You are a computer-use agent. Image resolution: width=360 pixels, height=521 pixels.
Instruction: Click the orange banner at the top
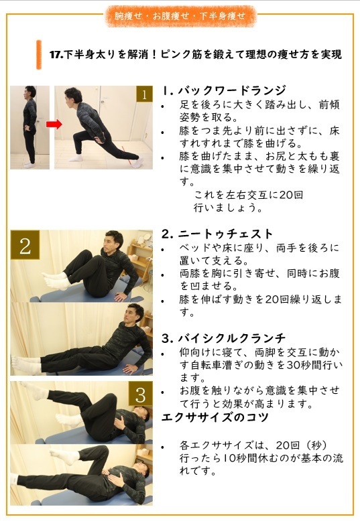(x=180, y=16)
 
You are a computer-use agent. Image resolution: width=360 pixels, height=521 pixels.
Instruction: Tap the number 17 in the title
(x=55, y=54)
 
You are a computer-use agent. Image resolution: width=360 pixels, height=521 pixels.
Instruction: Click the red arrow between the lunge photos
(x=54, y=124)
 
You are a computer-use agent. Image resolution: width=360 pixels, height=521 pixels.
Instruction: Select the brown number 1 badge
(x=144, y=94)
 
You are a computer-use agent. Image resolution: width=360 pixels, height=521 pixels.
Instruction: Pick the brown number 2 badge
(x=25, y=245)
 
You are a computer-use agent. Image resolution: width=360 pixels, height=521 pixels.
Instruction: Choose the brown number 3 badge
(x=140, y=394)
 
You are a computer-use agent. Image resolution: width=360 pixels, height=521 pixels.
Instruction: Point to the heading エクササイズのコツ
(x=215, y=417)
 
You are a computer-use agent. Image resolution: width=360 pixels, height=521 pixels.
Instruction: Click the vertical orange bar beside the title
(x=39, y=55)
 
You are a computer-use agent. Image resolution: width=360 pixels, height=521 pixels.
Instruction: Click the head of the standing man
(x=30, y=92)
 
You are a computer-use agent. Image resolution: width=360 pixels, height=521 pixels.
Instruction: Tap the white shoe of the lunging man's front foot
(x=76, y=157)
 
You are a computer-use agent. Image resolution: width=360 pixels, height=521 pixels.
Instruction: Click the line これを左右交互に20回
(x=248, y=195)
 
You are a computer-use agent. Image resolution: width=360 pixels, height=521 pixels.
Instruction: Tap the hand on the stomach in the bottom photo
(x=115, y=479)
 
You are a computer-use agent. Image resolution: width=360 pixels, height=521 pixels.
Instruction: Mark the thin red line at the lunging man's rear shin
(x=127, y=155)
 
